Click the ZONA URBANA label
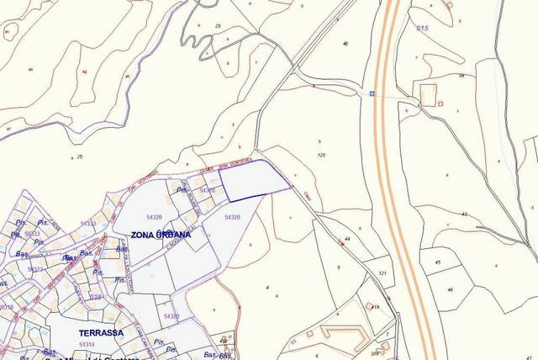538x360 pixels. (160, 235)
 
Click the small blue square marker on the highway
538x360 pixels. (372, 93)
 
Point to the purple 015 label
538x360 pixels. (423, 29)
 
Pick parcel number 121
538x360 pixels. (382, 273)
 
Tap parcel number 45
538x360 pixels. (438, 262)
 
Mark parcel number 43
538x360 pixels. (464, 214)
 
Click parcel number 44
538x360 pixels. (347, 240)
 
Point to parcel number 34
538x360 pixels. (462, 76)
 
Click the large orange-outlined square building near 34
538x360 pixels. (429, 95)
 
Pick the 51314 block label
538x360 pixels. (86, 344)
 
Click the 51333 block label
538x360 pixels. (32, 233)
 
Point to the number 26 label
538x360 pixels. (219, 27)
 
